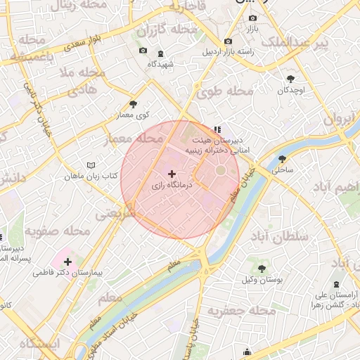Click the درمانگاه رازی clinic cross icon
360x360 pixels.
(x=172, y=173)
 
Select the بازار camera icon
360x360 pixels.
(x=252, y=18)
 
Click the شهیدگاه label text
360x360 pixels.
(x=160, y=64)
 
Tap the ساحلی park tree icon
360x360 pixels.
(x=282, y=159)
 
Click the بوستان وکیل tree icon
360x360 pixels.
(x=262, y=268)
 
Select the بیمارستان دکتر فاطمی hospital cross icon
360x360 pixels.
(x=67, y=262)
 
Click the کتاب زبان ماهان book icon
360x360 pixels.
(x=89, y=165)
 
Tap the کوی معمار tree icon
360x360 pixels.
(x=133, y=104)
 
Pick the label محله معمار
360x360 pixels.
(x=132, y=139)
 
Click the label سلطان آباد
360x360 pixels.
(x=283, y=237)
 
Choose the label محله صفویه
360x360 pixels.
(x=58, y=231)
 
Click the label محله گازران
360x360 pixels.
(x=167, y=30)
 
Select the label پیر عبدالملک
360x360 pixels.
(x=295, y=44)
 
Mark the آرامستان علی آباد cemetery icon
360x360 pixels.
(x=314, y=306)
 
